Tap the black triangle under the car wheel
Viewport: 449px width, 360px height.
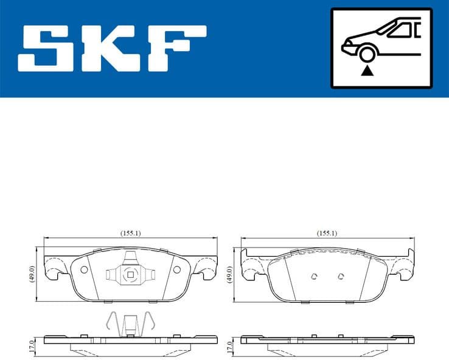click(366, 71)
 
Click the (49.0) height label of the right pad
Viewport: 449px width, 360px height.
click(229, 274)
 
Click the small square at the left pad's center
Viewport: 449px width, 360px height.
click(130, 275)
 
